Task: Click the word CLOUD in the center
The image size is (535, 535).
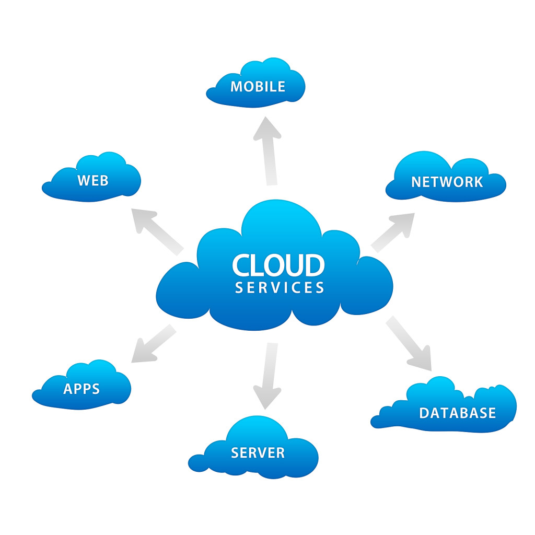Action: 278,265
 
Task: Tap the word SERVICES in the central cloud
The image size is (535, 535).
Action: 280,288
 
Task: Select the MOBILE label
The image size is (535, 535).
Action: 258,86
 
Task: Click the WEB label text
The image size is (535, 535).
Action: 93,181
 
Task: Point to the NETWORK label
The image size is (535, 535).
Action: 447,182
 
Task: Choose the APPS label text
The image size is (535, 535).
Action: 82,389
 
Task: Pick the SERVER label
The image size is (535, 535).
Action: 258,452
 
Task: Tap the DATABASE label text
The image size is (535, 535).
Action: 457,413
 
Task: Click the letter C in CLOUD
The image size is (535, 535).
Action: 242,265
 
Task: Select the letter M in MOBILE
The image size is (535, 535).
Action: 237,86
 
